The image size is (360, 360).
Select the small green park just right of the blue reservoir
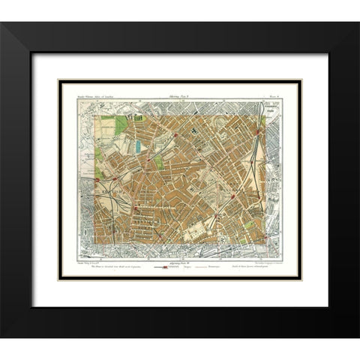pos(158,161)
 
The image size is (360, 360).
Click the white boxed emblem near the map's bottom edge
pos(221,240)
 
